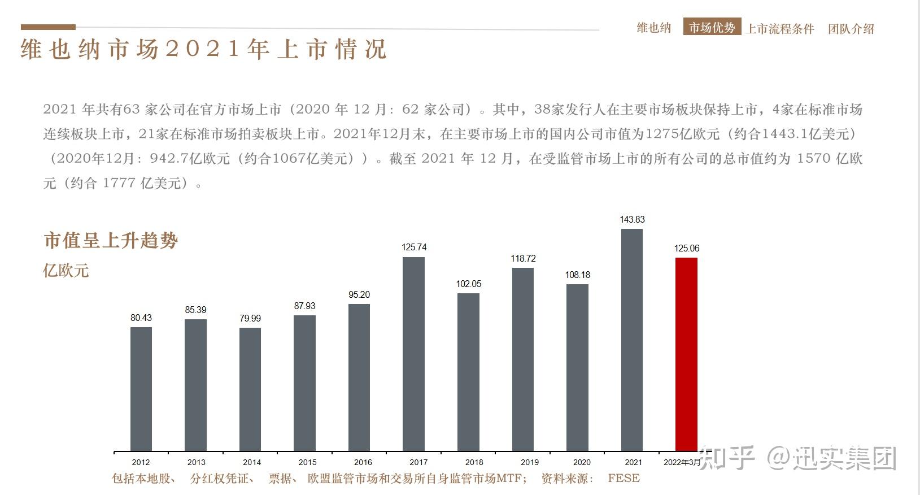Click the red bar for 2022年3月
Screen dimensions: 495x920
(x=686, y=354)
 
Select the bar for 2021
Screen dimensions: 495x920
(x=631, y=340)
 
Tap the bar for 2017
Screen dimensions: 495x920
(x=413, y=354)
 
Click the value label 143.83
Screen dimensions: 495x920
(x=632, y=219)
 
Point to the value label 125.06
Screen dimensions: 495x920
(x=686, y=248)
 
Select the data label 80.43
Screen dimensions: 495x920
(x=141, y=318)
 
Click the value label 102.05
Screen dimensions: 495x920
(x=469, y=284)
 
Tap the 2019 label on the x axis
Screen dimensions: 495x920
(x=529, y=462)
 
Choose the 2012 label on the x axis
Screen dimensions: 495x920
(x=141, y=462)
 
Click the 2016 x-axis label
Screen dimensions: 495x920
(x=363, y=462)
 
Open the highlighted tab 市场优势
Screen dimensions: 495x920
(x=712, y=27)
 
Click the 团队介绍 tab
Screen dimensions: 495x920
(x=851, y=29)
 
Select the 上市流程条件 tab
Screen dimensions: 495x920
(x=779, y=29)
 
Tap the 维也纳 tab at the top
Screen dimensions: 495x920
(x=653, y=28)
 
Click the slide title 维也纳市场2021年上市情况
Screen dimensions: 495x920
(x=203, y=50)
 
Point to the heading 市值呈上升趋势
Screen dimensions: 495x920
(x=111, y=241)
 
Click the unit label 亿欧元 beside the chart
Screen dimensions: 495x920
(x=66, y=270)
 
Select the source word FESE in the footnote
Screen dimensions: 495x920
(x=623, y=479)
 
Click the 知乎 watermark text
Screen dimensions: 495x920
(x=726, y=457)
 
